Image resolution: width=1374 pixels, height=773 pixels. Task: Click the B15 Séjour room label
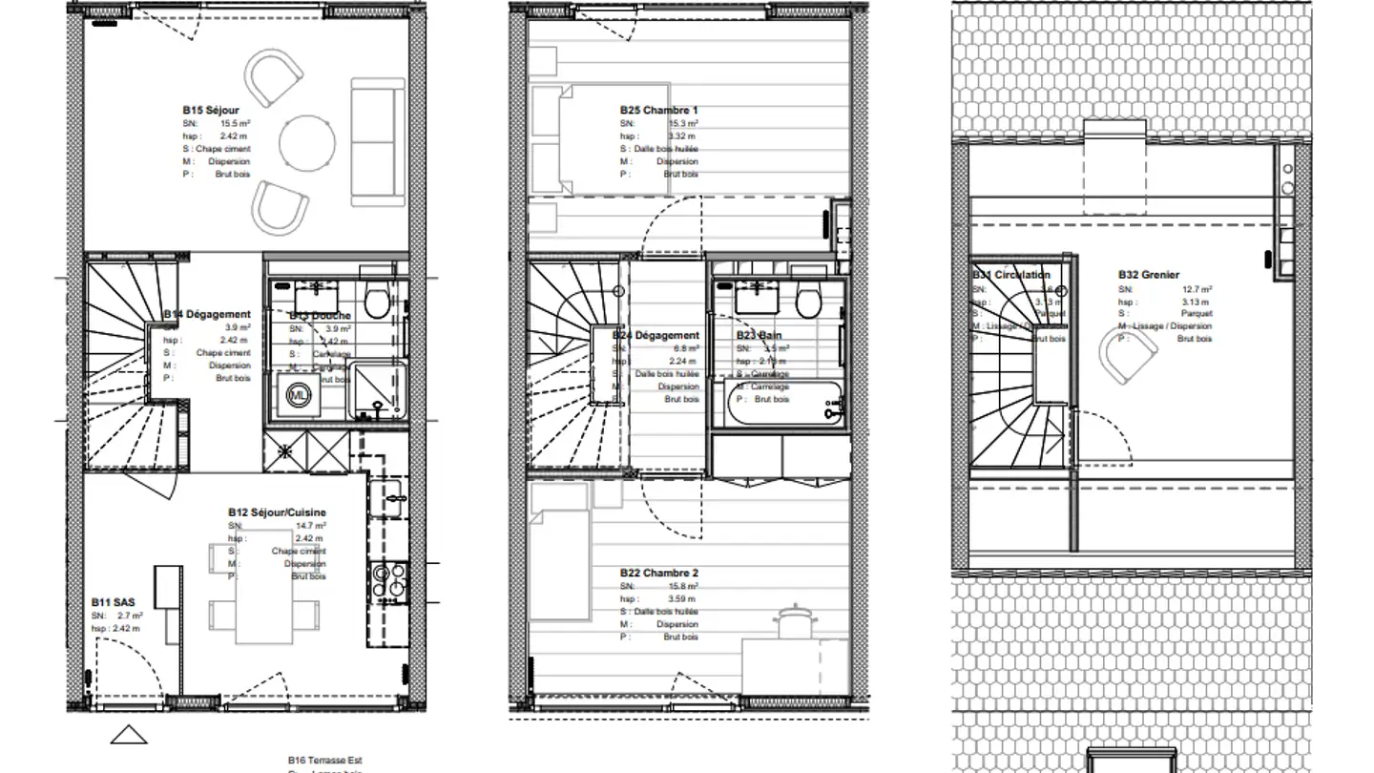(x=211, y=111)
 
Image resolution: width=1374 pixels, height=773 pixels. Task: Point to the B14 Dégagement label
(x=207, y=314)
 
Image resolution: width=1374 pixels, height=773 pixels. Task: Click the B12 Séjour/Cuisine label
(x=277, y=512)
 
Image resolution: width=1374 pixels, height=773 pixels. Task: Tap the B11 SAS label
(x=113, y=602)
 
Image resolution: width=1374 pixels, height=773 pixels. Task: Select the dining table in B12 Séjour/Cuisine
(x=262, y=593)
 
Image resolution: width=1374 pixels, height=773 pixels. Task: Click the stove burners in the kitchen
(x=390, y=581)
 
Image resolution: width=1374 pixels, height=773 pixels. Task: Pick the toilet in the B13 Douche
(x=376, y=302)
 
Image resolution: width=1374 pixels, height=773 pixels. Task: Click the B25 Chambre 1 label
(x=658, y=111)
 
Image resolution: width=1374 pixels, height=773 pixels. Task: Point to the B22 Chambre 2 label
(x=658, y=574)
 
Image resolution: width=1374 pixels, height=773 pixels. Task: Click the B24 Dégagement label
(x=656, y=335)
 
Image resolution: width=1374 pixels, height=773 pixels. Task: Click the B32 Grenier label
(x=1149, y=275)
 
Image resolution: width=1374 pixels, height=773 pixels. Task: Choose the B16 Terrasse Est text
(x=325, y=761)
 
